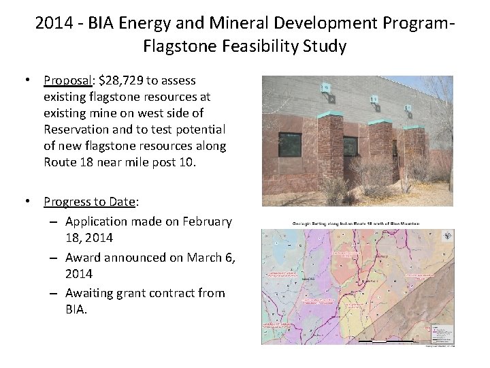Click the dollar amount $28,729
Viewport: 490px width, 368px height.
125,80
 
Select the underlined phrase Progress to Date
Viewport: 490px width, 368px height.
91,201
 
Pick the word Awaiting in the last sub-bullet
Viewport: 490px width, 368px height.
93,293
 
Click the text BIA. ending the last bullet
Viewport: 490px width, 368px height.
78,309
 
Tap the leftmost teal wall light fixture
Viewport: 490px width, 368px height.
327,88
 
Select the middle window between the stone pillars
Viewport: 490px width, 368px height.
349,146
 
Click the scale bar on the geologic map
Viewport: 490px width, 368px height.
385,340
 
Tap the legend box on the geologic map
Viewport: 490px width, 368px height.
443,334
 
